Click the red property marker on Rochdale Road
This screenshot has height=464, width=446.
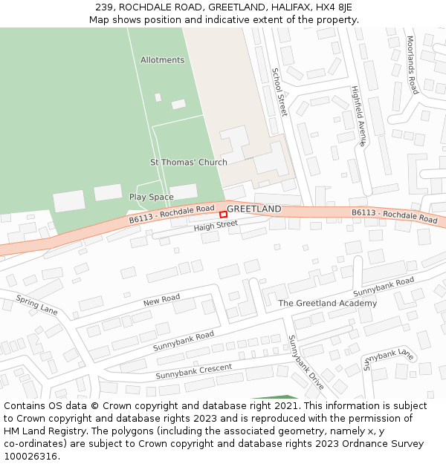click(223, 214)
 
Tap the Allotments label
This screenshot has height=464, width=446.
click(162, 60)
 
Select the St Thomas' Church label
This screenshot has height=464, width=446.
click(189, 162)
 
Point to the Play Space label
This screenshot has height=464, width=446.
click(151, 197)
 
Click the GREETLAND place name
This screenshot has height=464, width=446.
click(254, 209)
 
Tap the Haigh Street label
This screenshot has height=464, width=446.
click(216, 225)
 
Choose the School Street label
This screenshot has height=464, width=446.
click(279, 92)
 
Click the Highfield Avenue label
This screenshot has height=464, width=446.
click(359, 116)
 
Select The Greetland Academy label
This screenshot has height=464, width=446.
click(327, 303)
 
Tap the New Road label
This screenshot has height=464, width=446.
click(161, 300)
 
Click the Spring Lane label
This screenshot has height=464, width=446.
click(36, 306)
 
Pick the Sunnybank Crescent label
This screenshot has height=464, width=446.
click(193, 371)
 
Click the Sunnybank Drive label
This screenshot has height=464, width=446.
click(306, 363)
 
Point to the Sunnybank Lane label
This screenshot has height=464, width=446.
click(388, 359)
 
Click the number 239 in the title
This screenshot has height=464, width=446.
click(103, 7)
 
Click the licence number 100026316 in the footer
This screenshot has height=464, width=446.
click(30, 457)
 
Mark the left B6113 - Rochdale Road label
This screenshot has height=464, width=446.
click(172, 214)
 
